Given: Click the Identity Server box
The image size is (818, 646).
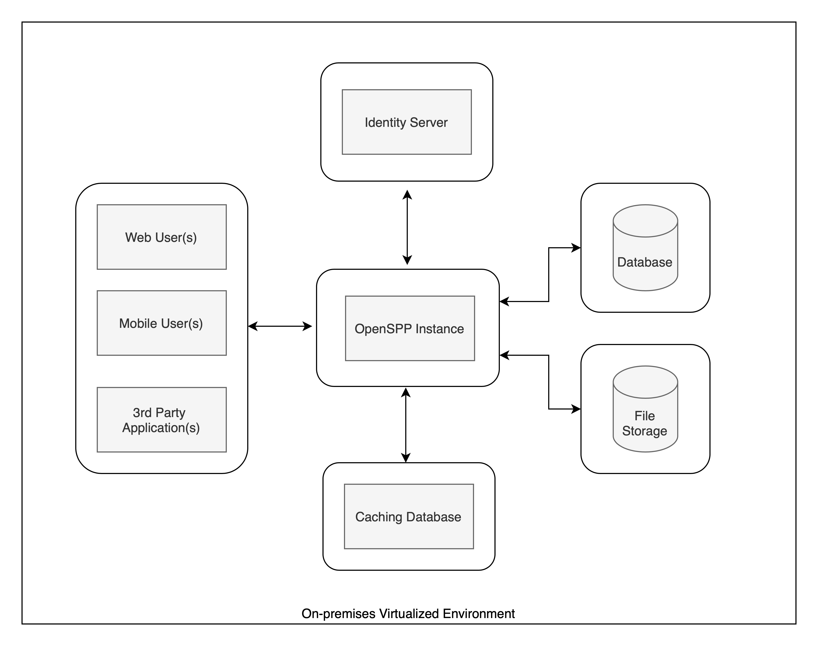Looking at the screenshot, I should [x=407, y=122].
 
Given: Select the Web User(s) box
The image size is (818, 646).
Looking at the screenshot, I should [x=161, y=237].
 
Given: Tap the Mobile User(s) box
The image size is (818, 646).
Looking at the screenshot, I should [x=161, y=323].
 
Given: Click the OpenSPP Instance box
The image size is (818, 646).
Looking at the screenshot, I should [x=410, y=328].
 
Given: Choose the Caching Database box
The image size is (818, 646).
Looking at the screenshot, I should [x=408, y=516].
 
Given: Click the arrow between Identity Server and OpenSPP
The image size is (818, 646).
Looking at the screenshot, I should [x=407, y=227].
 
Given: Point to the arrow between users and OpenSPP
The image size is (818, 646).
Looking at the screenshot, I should [x=280, y=326].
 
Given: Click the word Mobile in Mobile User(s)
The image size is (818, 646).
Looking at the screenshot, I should [x=138, y=323].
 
